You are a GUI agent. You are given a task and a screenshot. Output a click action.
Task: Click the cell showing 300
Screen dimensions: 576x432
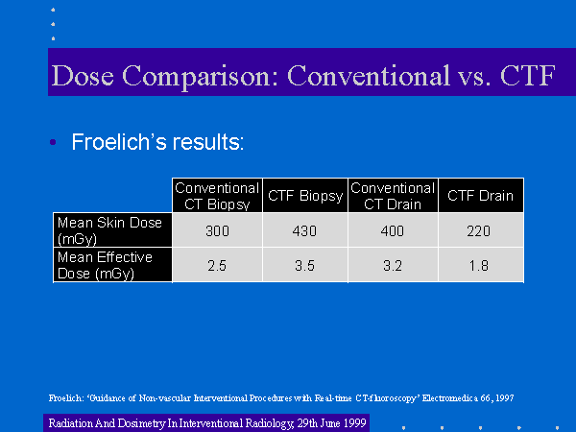coord(217,231)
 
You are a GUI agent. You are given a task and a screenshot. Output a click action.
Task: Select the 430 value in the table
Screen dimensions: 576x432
coord(304,231)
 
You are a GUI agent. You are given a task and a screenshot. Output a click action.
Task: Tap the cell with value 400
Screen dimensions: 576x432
coord(393,231)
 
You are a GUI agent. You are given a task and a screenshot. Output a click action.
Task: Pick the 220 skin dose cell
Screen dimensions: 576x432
coord(479,231)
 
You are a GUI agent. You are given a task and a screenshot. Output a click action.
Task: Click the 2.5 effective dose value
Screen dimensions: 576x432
coord(217,266)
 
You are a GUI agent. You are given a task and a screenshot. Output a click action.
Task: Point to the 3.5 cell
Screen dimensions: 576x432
coord(304,266)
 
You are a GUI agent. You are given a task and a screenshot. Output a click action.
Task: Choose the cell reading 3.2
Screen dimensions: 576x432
coord(393,266)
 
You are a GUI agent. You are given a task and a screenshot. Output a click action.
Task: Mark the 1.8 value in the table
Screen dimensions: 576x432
coord(479,266)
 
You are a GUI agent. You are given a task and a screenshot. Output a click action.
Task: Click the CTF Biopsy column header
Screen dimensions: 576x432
coord(305,196)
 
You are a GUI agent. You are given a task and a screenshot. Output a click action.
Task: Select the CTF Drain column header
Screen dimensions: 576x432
coord(481,196)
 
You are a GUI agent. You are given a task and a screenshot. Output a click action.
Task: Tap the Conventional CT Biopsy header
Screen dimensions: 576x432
coord(217,196)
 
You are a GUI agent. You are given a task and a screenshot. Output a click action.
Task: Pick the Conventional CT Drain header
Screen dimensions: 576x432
coord(393,196)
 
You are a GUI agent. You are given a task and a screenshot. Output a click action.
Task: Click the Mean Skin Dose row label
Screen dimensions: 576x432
coord(109,230)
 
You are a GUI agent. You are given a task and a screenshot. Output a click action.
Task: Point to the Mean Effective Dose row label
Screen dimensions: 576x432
coord(105,265)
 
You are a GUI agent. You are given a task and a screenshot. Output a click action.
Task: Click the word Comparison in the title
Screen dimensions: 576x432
coord(201,76)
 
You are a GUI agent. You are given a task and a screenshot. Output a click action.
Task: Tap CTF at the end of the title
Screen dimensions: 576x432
coord(527,76)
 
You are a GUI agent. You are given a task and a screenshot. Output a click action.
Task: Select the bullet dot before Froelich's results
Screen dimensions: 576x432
coord(53,142)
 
